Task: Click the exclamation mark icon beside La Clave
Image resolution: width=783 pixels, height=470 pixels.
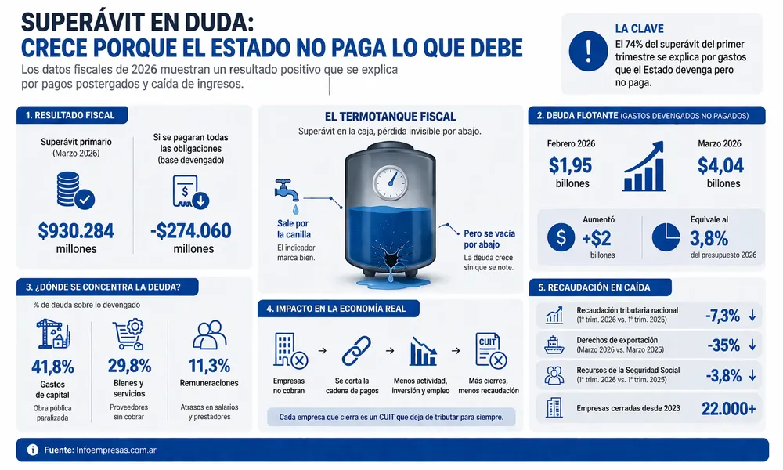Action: tap(588, 51)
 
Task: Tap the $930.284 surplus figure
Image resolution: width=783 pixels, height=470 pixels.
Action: tap(76, 231)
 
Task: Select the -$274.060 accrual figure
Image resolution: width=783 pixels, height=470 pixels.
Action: tap(191, 231)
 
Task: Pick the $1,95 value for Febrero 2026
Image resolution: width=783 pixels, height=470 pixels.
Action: tap(570, 165)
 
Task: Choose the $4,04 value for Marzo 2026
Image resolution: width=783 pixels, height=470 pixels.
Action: tap(720, 165)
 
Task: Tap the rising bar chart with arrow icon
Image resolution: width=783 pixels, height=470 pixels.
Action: tap(644, 166)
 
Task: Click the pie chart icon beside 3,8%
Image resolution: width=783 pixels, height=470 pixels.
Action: tap(666, 237)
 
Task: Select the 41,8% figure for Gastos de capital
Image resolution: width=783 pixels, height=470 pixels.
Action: tap(52, 367)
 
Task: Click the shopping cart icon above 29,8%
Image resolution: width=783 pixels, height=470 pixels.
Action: tap(128, 334)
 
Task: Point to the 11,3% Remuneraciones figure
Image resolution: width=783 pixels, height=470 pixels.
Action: tap(209, 366)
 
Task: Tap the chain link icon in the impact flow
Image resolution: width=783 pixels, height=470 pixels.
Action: tap(356, 351)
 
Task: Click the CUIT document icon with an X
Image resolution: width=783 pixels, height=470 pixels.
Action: tap(491, 351)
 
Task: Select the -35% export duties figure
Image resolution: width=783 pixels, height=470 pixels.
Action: tap(723, 345)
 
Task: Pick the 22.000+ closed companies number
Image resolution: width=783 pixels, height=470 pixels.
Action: tap(728, 409)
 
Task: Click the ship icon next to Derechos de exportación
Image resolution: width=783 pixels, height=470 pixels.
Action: tap(554, 345)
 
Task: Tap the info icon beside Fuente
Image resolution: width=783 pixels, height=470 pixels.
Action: tap(32, 450)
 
